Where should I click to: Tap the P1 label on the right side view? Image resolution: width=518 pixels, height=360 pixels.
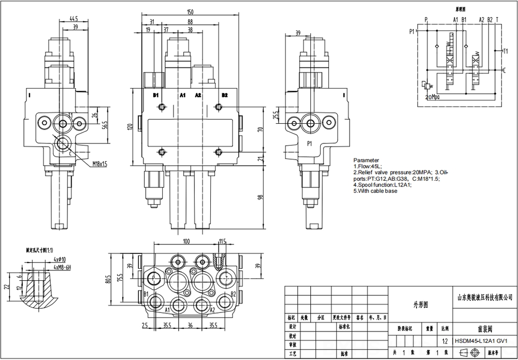click(310, 143)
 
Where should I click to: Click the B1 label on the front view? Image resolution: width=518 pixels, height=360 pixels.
click(156, 95)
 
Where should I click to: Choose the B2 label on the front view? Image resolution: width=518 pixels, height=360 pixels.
click(224, 95)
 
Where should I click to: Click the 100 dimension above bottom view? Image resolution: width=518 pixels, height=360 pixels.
click(186, 241)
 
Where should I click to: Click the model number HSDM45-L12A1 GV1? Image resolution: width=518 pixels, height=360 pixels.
click(480, 340)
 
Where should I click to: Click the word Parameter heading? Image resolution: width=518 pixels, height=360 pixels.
click(366, 160)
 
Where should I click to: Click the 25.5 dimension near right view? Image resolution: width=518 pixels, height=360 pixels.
click(261, 114)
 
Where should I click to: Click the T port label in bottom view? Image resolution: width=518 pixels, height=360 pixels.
click(226, 278)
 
